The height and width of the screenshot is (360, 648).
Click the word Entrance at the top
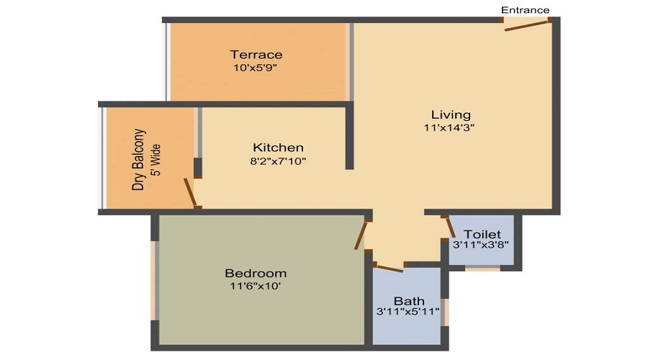coord(525,9)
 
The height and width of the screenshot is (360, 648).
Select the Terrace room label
coord(256,55)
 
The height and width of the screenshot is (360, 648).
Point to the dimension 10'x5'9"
coord(256,68)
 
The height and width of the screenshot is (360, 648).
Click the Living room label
coord(451,114)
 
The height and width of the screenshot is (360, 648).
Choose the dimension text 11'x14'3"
coord(450,127)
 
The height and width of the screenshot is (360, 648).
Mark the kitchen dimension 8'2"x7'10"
coord(278,161)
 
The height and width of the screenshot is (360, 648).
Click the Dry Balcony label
coord(139,159)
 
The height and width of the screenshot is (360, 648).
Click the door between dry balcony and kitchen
coord(190,192)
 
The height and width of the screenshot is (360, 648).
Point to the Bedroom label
coord(256,274)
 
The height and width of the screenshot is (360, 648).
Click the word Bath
coord(408,300)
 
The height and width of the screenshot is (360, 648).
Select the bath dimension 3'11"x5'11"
coord(408,312)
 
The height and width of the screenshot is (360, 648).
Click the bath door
coord(390,269)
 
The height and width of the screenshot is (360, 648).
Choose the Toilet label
coord(482,235)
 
